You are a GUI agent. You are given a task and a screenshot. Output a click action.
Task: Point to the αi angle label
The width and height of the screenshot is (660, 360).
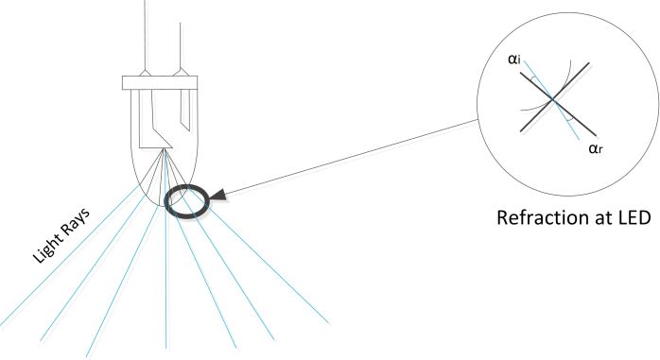pos(514,60)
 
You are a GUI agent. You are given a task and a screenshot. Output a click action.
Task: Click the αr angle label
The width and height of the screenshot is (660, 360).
pos(596,148)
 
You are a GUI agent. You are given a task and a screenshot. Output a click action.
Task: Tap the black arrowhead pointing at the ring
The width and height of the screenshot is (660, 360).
pos(218,196)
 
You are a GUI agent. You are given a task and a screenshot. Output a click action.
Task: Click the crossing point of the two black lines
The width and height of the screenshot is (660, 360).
pos(553,99)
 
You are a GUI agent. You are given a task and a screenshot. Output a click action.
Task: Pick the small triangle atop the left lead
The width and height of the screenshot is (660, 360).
pos(146,73)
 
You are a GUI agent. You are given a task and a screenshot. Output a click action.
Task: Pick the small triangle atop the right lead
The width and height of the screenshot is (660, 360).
pos(181,73)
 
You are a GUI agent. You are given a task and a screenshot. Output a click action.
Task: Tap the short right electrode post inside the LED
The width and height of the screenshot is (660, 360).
pos(185,110)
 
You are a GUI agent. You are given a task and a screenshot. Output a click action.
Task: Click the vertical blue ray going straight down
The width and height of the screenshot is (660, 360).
pos(165,250)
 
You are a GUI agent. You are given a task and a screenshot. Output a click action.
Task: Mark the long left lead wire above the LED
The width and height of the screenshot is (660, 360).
pos(146,35)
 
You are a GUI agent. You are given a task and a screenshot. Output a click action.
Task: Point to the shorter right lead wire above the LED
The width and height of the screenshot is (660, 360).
pos(181,45)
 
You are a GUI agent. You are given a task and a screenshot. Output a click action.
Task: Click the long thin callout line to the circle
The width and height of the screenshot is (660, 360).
pos(352,157)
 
